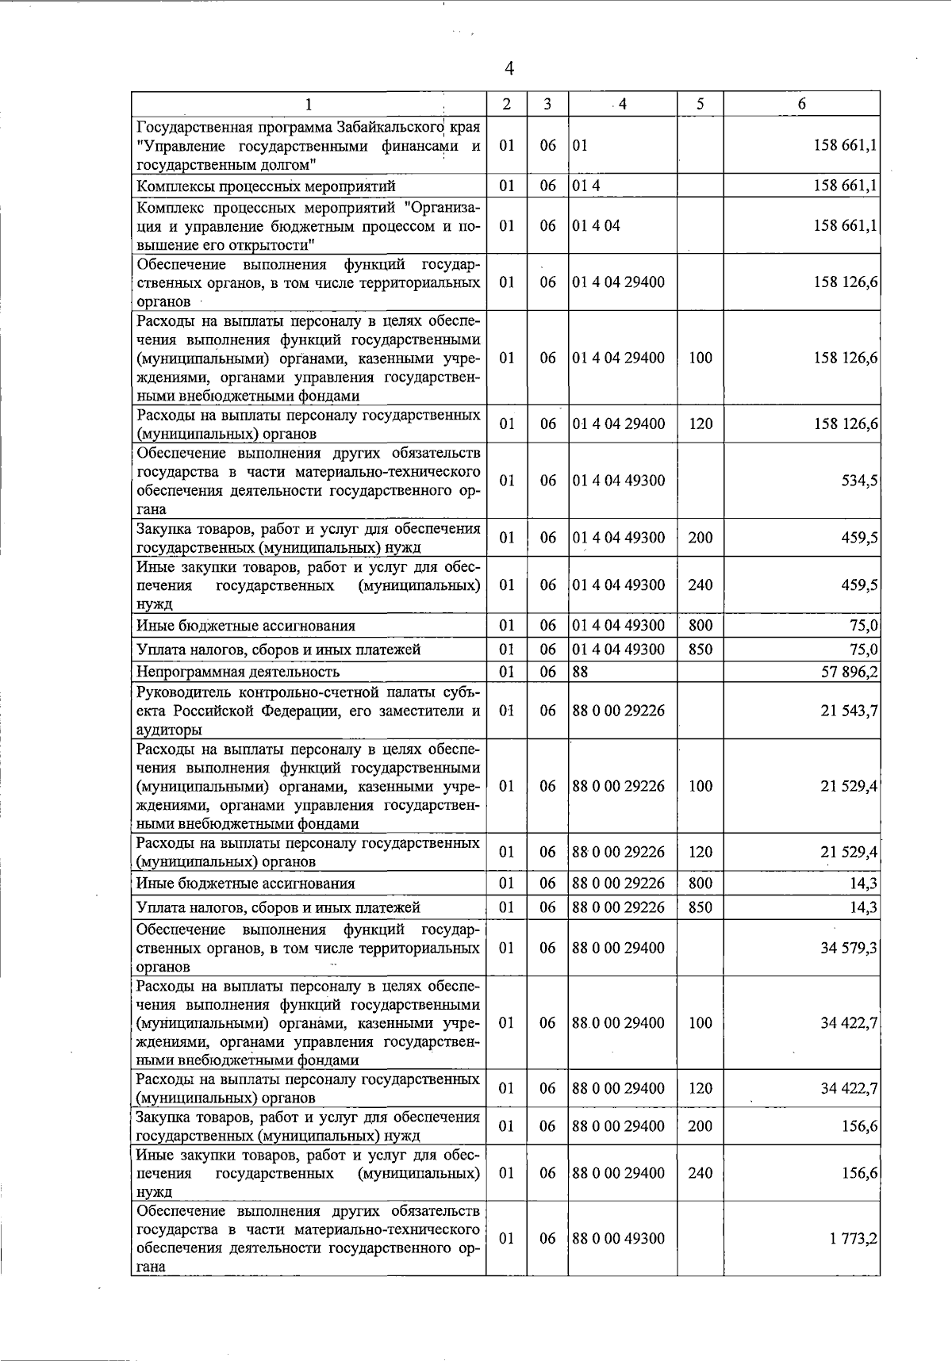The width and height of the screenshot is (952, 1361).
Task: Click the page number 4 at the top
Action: tap(509, 69)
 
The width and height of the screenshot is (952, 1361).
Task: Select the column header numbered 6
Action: tap(802, 104)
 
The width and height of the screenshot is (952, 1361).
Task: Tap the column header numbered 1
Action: tap(309, 104)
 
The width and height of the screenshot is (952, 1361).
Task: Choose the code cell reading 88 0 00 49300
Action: tap(619, 1239)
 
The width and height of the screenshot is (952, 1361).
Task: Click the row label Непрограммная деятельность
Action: tap(238, 673)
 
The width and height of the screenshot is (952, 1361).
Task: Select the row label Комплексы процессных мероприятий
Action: tap(266, 186)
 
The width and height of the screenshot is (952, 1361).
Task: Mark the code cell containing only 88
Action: tap(580, 673)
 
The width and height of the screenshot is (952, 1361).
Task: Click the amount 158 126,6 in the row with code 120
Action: tap(846, 424)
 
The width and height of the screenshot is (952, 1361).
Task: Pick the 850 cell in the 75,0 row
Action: tap(701, 650)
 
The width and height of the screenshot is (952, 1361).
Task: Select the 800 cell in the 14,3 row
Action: tap(701, 884)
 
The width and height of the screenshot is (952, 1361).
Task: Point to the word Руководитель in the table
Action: tap(180, 692)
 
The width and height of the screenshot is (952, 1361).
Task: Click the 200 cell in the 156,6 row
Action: tap(701, 1126)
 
